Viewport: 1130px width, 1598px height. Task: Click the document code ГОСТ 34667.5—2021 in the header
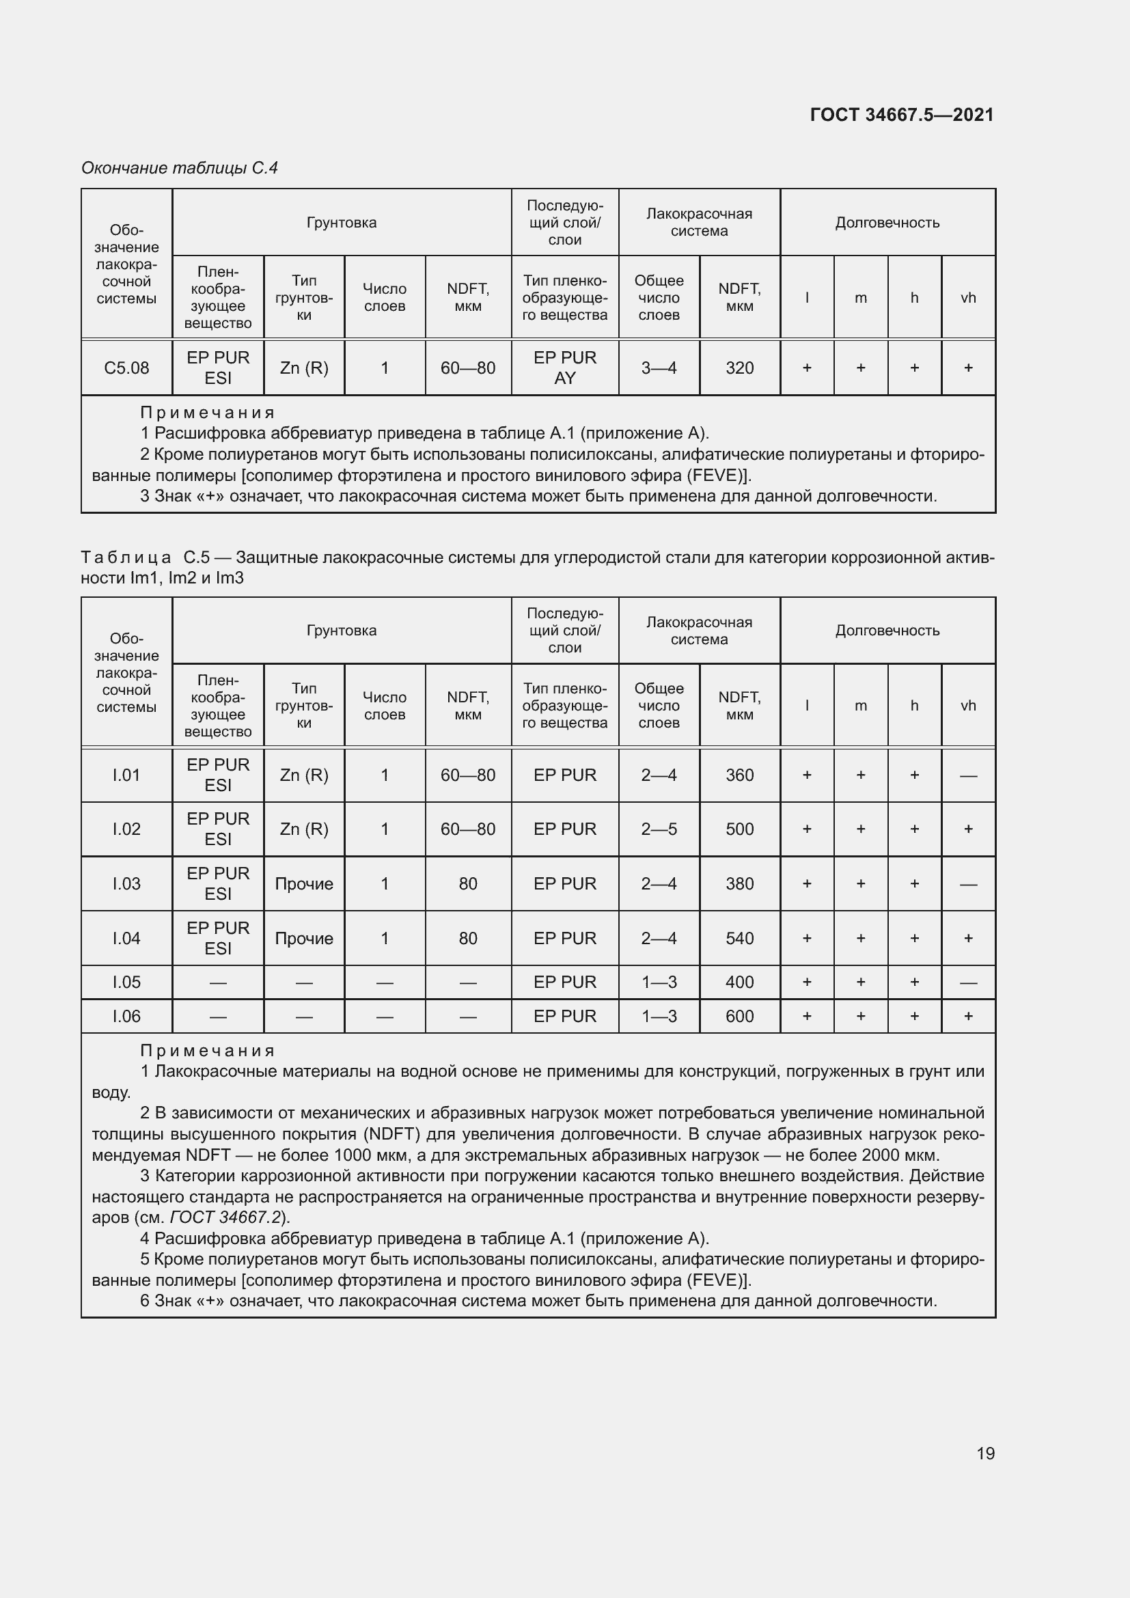pos(902,115)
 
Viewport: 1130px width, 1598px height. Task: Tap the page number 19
pos(985,1453)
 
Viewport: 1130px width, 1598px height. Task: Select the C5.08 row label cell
pos(126,368)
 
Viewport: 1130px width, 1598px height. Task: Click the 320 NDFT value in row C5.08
pos(739,368)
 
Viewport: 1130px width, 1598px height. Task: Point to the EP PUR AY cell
pos(564,368)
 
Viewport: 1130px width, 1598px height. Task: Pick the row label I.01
pos(126,775)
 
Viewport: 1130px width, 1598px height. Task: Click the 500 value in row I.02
pos(739,829)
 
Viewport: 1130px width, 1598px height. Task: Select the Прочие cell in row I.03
pos(304,883)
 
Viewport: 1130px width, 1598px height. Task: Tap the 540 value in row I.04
pos(739,938)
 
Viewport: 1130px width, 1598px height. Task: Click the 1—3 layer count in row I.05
pos(658,982)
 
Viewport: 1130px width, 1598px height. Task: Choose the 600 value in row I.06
pos(739,1016)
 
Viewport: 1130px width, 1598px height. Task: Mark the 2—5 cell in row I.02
pos(658,829)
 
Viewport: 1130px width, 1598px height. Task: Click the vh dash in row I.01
pos(968,775)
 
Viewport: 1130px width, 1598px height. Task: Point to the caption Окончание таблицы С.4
pos(180,168)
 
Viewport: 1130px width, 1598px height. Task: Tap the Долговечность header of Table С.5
pos(887,631)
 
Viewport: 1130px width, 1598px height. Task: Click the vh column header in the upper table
pos(968,298)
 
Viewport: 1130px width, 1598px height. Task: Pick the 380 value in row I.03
pos(739,883)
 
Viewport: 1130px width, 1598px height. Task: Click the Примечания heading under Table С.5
pos(208,1051)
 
